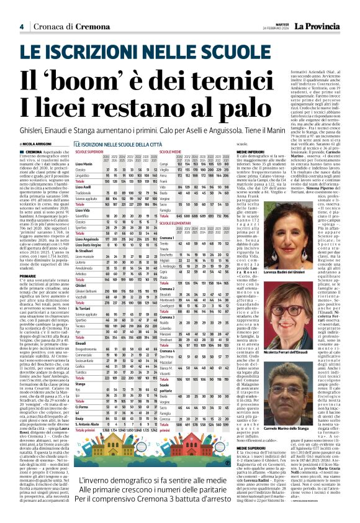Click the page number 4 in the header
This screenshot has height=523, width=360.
click(22, 27)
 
